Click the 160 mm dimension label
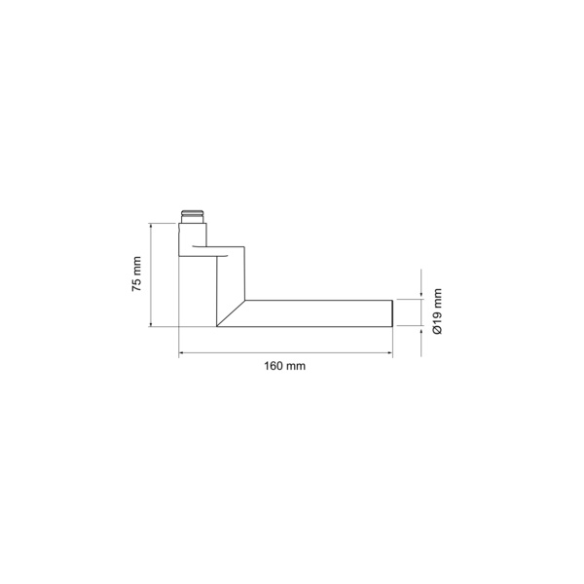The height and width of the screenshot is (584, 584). click(285, 366)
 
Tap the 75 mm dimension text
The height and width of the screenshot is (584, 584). click(136, 274)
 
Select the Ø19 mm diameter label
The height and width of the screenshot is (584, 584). click(437, 311)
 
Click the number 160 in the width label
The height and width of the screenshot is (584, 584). click(274, 366)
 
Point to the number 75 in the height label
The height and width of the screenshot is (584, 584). click(136, 285)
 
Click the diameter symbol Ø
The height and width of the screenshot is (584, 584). click(437, 330)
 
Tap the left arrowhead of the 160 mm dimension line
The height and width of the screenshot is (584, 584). click(182, 352)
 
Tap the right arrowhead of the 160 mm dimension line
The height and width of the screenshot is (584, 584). click(389, 352)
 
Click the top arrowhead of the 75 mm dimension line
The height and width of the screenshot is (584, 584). click(151, 226)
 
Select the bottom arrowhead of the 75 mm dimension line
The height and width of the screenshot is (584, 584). click(151, 324)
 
